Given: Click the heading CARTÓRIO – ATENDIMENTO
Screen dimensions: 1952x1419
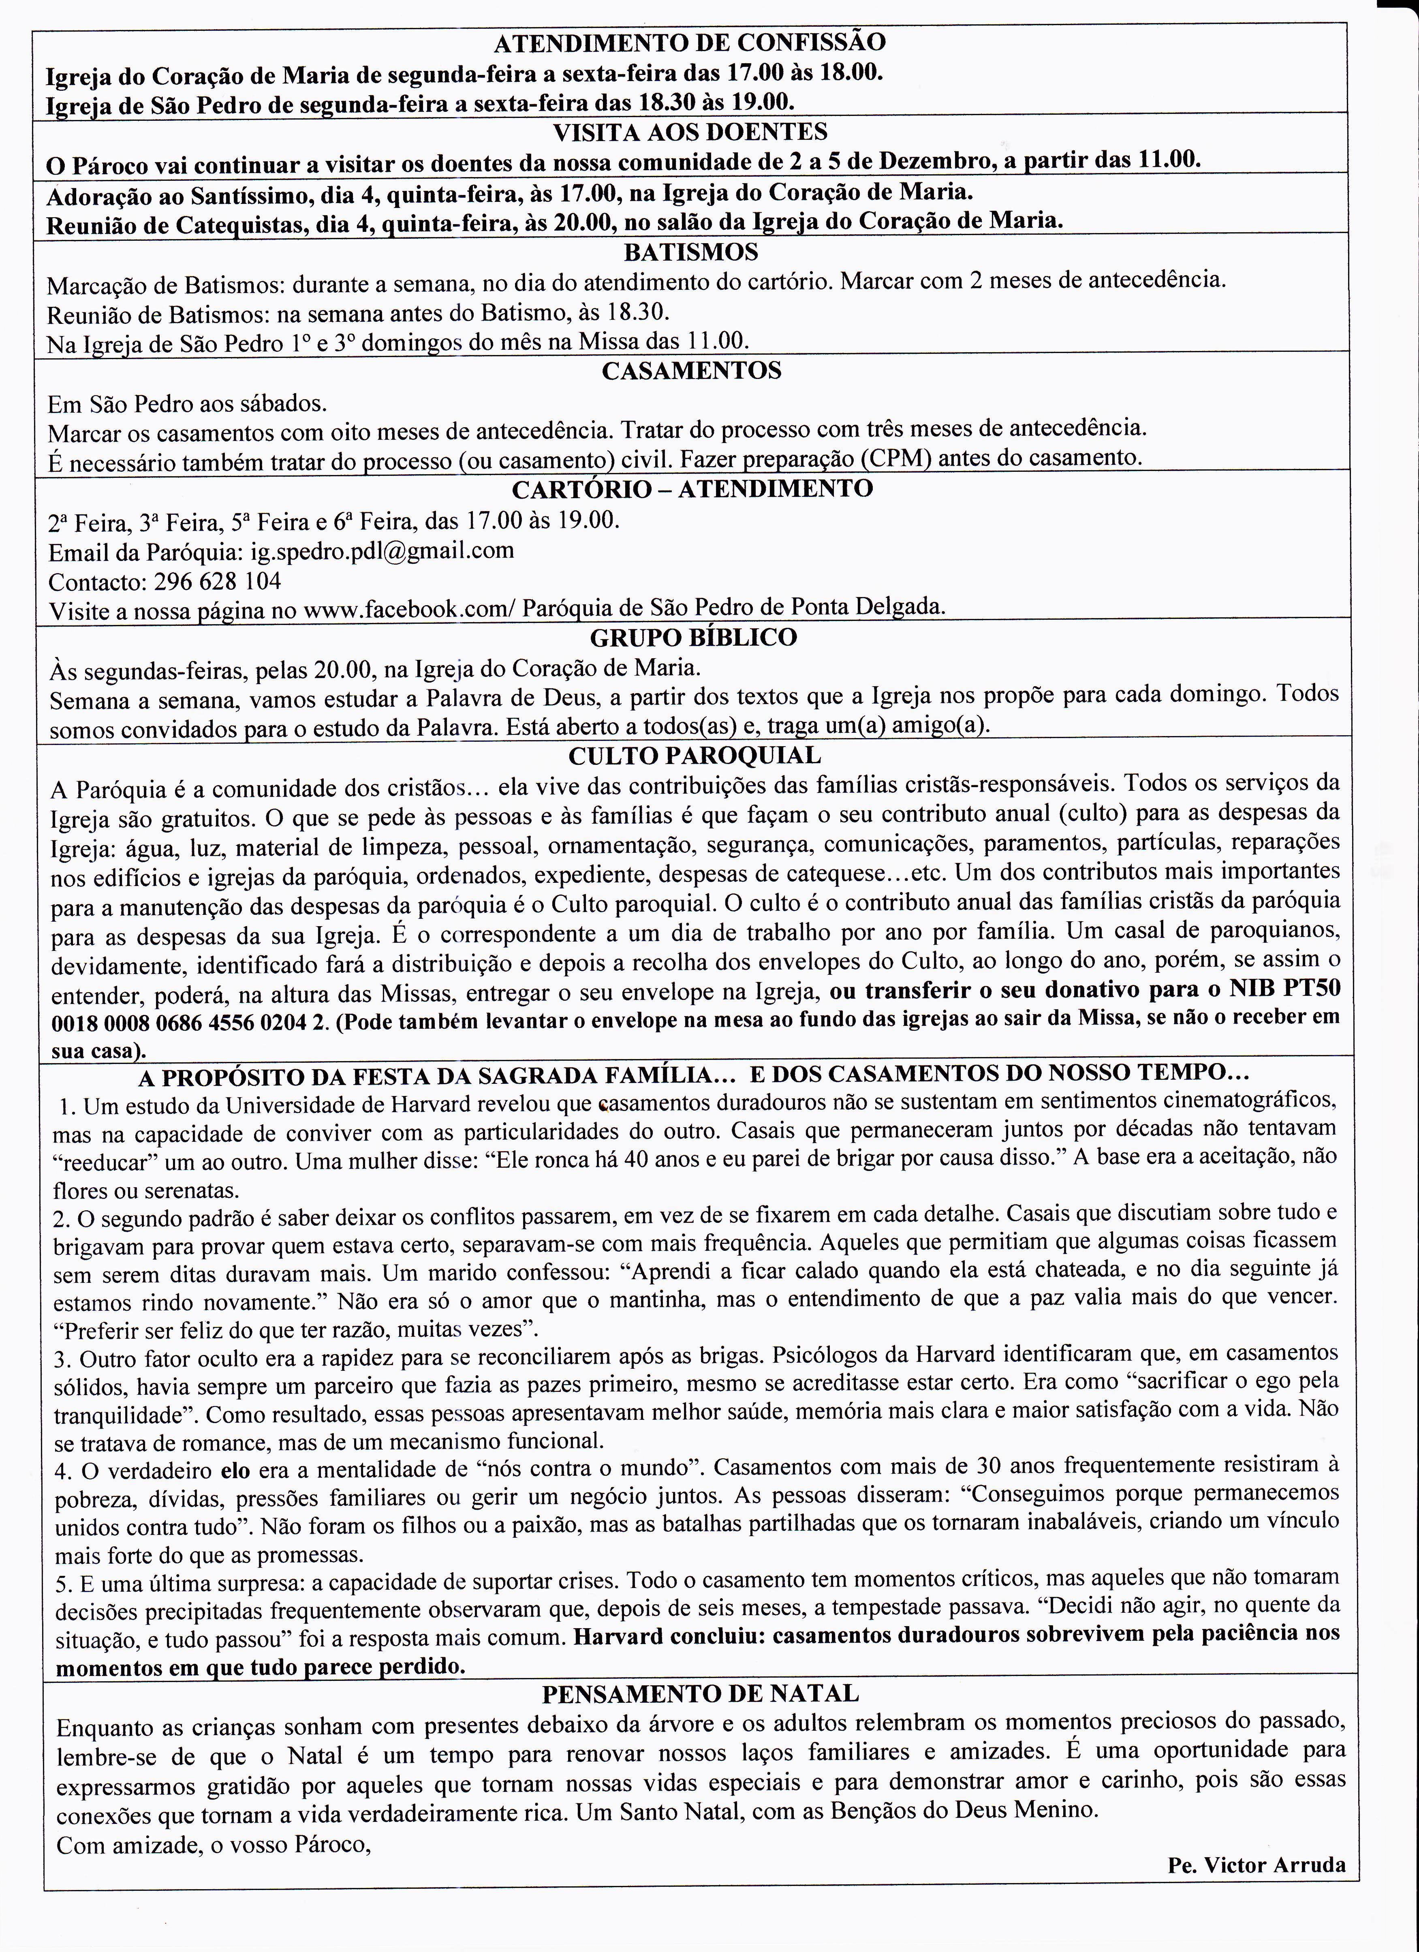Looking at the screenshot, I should pos(692,489).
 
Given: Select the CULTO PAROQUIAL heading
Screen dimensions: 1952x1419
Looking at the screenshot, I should pos(695,756).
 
